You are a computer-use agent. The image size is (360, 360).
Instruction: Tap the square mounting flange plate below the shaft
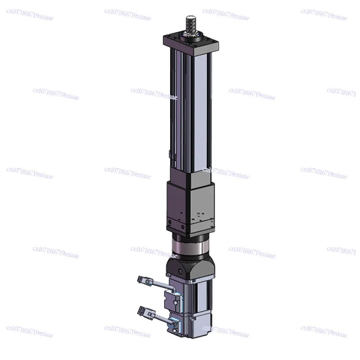point(191,43)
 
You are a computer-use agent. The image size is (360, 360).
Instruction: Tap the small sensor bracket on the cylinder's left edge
point(170,155)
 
